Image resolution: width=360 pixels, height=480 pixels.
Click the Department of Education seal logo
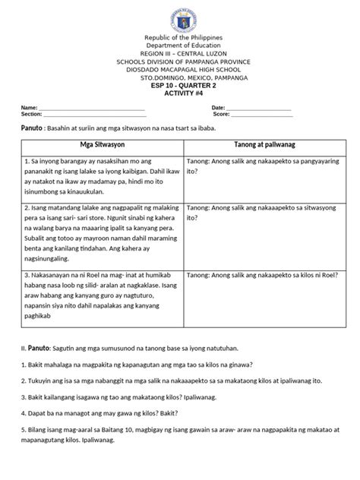point(180,17)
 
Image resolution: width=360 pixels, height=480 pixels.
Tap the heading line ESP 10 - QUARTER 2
point(179,85)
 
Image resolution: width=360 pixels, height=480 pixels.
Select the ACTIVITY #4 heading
point(179,93)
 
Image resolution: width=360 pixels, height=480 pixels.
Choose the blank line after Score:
point(261,115)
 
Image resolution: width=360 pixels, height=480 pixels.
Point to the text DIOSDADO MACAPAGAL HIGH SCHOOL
point(180,69)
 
